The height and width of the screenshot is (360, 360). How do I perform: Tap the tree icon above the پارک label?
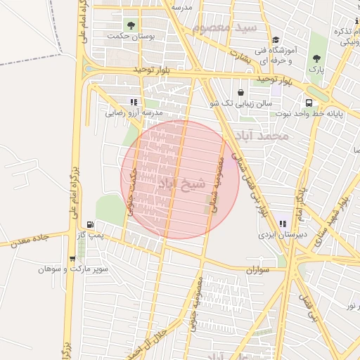point(317,58)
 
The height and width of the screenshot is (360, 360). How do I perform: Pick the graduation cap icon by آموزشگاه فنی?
point(276,40)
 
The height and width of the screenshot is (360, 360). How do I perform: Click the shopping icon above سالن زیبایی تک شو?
point(240,92)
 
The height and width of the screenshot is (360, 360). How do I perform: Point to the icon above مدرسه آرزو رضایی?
point(134,102)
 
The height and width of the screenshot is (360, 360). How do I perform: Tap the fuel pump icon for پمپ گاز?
point(88,224)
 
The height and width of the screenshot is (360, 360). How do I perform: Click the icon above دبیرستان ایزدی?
point(283,224)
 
